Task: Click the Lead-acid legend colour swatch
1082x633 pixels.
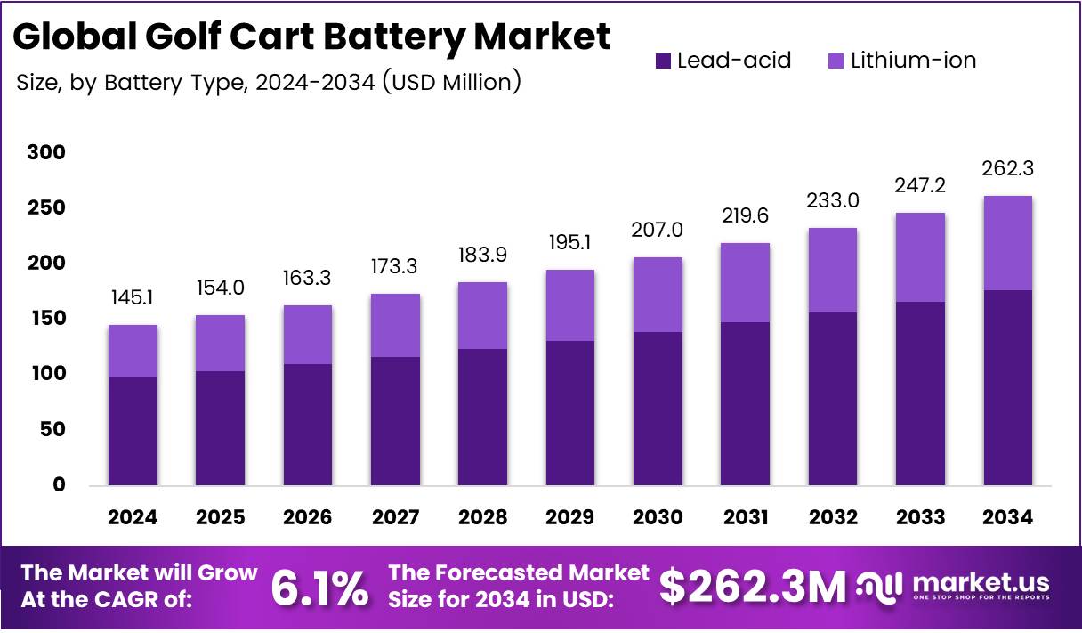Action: click(x=664, y=61)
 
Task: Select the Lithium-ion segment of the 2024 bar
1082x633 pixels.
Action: click(x=133, y=351)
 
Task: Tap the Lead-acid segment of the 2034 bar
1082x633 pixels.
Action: click(x=1008, y=387)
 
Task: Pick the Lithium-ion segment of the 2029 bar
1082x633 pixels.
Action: click(x=570, y=305)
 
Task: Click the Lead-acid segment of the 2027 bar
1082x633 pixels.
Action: click(x=395, y=420)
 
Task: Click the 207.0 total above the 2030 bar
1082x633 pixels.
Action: click(x=658, y=230)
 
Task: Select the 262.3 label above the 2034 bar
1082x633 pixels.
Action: click(x=1008, y=168)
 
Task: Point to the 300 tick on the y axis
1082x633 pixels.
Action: click(x=46, y=153)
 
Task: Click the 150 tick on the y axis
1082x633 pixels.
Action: click(x=46, y=319)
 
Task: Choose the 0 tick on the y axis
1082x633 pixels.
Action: click(x=59, y=485)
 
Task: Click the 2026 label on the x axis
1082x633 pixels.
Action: click(x=308, y=517)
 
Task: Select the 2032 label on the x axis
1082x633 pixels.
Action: click(x=833, y=517)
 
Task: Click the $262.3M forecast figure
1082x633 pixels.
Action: click(x=753, y=587)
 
